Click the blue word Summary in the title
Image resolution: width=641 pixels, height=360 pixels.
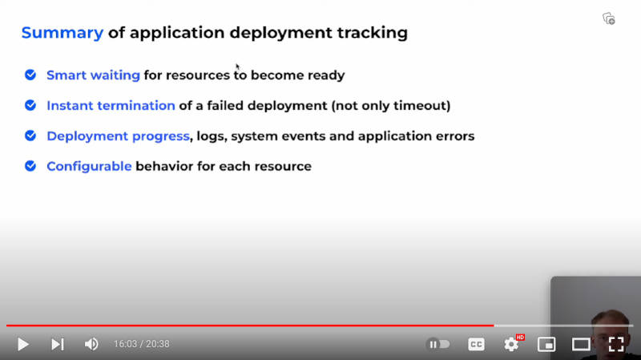pyautogui.click(x=62, y=33)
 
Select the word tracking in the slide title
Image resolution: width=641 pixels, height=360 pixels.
pyautogui.click(x=372, y=33)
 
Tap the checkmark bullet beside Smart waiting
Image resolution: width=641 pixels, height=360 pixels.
pyautogui.click(x=30, y=75)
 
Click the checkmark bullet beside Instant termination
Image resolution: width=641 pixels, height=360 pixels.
pyautogui.click(x=30, y=105)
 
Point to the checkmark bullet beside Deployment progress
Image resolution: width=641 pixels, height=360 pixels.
pyautogui.click(x=30, y=136)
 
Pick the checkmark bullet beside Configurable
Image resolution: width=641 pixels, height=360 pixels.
pyautogui.click(x=30, y=166)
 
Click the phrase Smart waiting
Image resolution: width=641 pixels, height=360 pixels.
pyautogui.click(x=93, y=75)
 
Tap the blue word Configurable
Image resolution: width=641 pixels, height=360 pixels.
pyautogui.click(x=89, y=167)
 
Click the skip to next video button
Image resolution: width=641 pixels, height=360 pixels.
pyautogui.click(x=57, y=344)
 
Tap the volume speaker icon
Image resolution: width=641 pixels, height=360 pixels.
pyautogui.click(x=91, y=344)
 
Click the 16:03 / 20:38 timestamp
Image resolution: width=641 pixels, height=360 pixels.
pyautogui.click(x=142, y=344)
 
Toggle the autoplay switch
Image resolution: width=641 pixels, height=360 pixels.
pyautogui.click(x=437, y=344)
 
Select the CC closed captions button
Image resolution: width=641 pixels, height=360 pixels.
pyautogui.click(x=476, y=344)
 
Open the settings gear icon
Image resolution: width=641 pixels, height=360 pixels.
pyautogui.click(x=511, y=344)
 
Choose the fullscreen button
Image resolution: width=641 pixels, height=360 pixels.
pyautogui.click(x=615, y=344)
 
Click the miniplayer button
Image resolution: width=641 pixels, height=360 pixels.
pyautogui.click(x=546, y=344)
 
